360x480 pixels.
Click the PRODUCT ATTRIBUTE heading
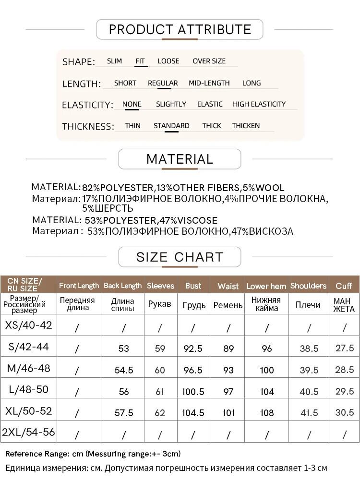click(180, 29)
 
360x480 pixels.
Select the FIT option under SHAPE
click(140, 61)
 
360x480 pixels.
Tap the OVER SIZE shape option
click(209, 61)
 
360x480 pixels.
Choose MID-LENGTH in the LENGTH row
click(209, 83)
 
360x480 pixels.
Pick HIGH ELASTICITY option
click(259, 104)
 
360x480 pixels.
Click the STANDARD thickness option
click(171, 126)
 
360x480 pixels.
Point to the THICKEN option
click(246, 126)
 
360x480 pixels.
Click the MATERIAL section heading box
click(180, 159)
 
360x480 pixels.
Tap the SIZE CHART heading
click(180, 257)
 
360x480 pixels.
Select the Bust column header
click(193, 286)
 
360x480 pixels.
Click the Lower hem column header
click(266, 286)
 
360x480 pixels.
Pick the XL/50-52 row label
click(28, 411)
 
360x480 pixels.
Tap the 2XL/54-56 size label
click(28, 432)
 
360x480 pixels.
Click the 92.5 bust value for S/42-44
click(193, 348)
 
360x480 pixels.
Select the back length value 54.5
click(124, 370)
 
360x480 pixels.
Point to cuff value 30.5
click(344, 412)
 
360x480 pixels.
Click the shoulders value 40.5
click(309, 392)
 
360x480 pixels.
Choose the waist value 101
click(228, 412)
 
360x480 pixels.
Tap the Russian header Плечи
click(308, 305)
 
